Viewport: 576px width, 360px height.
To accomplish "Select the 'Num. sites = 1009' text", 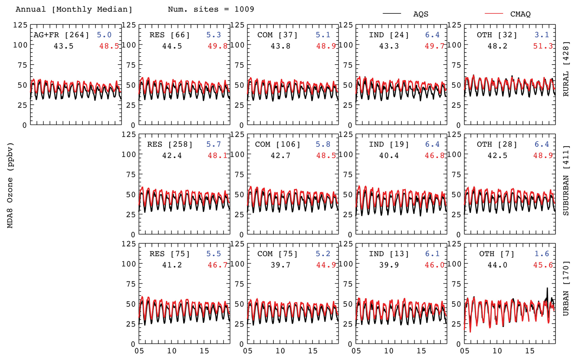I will pos(211,9).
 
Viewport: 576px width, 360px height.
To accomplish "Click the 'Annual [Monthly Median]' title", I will pos(74,9).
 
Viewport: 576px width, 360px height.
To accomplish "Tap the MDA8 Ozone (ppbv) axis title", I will pos(10,185).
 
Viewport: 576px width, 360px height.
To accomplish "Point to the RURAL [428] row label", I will pos(566,69).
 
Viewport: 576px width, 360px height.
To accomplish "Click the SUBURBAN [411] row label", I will pos(566,180).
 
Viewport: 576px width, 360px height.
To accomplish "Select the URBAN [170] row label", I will pos(566,288).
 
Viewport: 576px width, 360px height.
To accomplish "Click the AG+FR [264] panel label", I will pos(61,35).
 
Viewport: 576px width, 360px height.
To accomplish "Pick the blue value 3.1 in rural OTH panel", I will pos(542,35).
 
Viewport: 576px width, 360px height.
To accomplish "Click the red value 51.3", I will pos(543,46).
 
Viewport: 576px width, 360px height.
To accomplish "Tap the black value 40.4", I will pos(389,156).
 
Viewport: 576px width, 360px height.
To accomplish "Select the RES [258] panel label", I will pos(170,144).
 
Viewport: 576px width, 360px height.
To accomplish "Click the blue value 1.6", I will pos(542,254).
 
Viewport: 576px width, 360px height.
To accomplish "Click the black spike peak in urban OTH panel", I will pos(547,288).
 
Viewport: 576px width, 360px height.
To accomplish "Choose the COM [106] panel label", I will pos(278,144).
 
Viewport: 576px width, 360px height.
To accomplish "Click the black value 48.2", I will pos(497,46).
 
